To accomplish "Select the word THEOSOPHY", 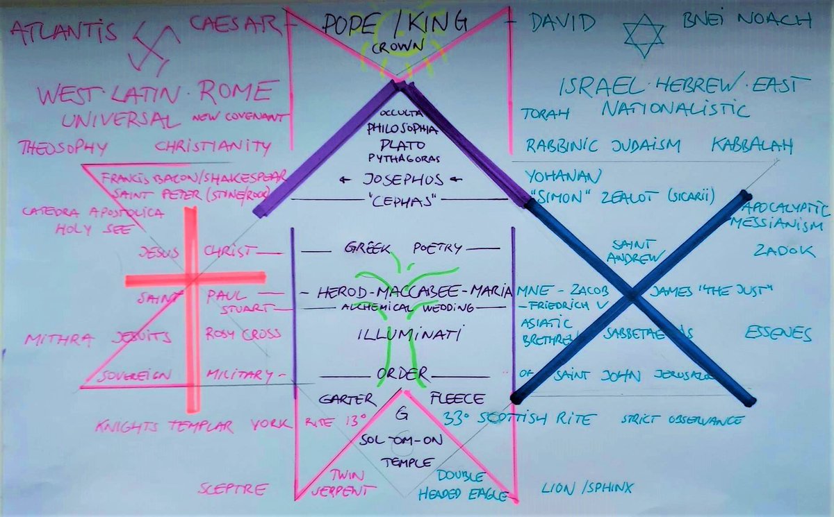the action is click(x=63, y=147).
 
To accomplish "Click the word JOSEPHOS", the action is click(x=393, y=179).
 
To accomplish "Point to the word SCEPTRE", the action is click(x=233, y=489).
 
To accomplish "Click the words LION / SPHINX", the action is click(x=587, y=489).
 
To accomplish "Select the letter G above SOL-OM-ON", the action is click(x=401, y=415).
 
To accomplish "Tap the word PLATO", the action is click(x=400, y=144).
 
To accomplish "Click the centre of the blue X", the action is click(x=632, y=296).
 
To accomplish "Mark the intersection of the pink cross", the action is click(x=192, y=279).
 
